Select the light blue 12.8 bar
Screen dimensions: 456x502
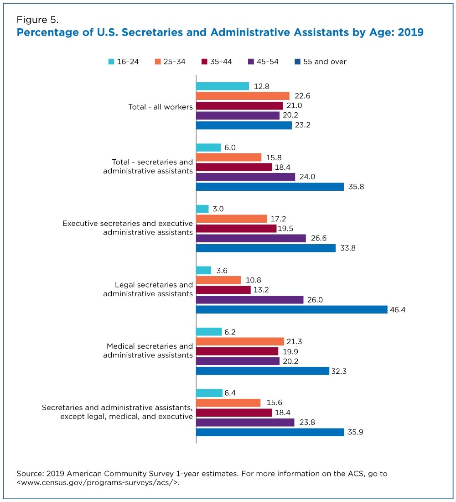223,86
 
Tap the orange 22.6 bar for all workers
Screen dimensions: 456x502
243,96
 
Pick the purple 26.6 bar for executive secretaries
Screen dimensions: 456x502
251,238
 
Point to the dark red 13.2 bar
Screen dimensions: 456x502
223,290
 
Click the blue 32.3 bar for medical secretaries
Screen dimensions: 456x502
262,371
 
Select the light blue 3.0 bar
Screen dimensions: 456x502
202,209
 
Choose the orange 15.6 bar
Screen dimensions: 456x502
228,403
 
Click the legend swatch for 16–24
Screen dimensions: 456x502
111,62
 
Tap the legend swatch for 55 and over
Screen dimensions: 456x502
297,62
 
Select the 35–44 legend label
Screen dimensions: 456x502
221,62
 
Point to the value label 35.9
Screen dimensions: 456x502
356,432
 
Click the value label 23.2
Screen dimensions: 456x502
303,125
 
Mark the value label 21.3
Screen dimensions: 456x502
294,342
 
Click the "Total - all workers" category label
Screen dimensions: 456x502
161,107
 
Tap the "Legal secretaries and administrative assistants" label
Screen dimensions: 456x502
148,289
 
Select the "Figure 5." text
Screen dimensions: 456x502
37,20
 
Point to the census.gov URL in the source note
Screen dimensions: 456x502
98,482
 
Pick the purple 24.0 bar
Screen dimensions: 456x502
245,177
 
